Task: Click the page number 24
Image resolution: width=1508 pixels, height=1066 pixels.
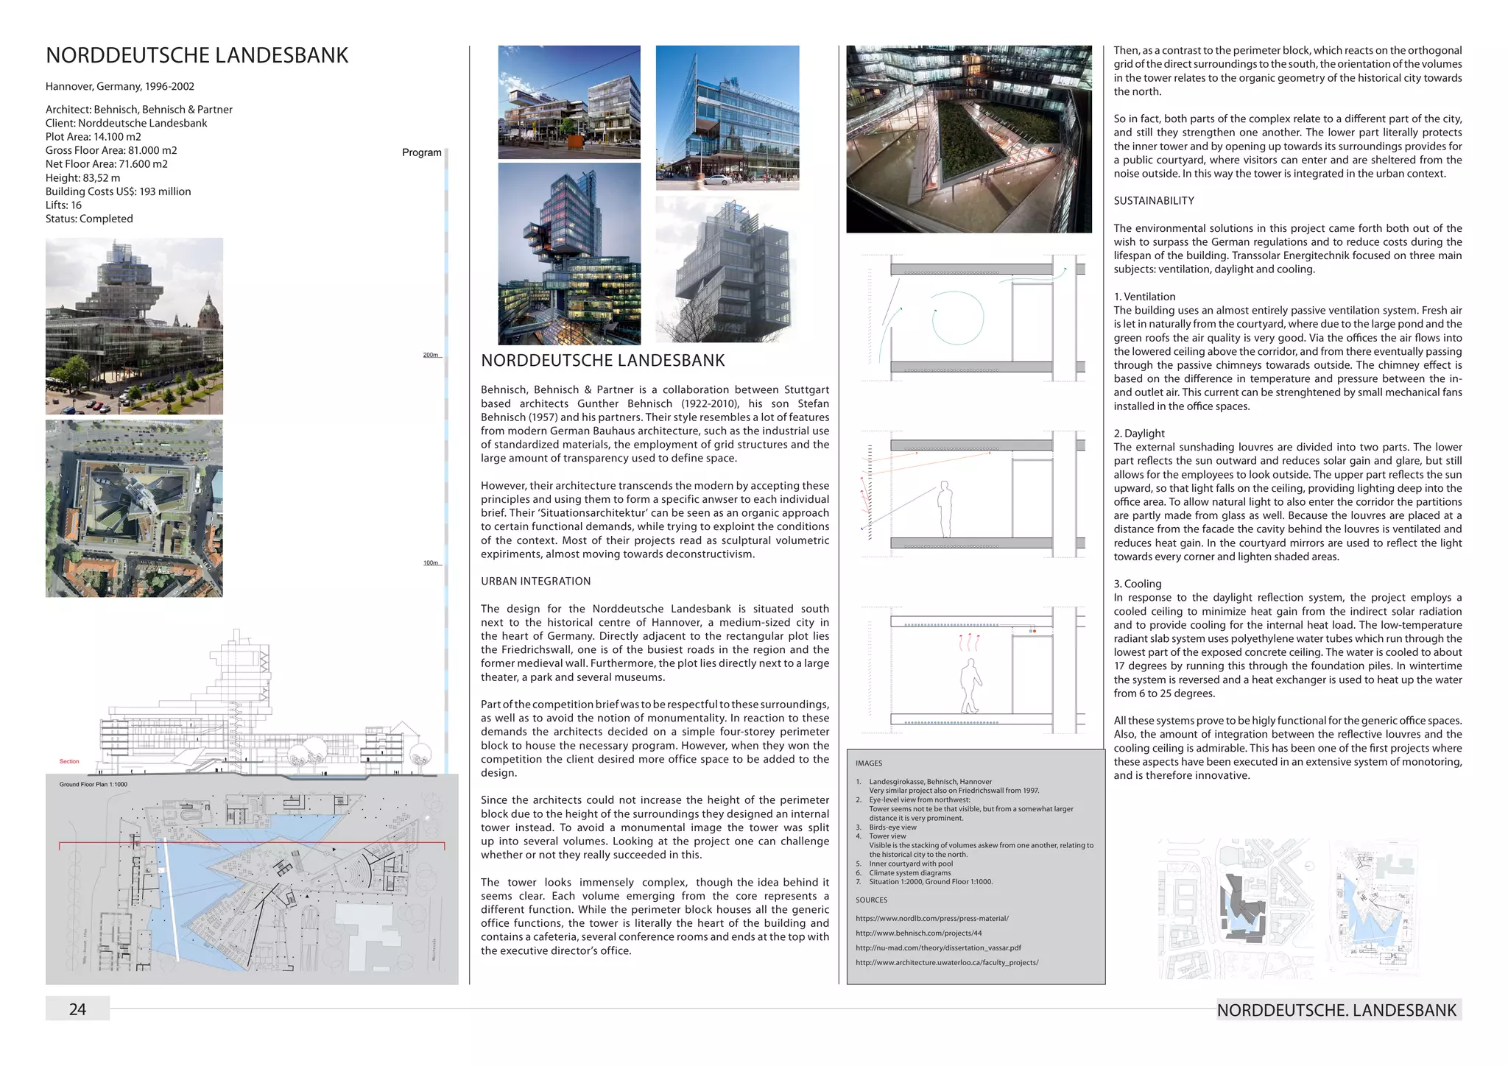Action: [x=77, y=1009]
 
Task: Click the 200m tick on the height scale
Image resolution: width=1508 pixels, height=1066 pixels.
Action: [x=431, y=356]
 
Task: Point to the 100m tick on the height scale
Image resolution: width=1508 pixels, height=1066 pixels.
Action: [x=431, y=563]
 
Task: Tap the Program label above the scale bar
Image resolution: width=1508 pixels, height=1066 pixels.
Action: [x=421, y=152]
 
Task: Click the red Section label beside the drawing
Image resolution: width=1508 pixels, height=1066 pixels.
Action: [x=69, y=761]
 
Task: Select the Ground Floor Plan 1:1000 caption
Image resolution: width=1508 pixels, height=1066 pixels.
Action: [x=94, y=785]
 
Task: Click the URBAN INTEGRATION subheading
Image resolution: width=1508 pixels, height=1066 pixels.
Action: [x=535, y=581]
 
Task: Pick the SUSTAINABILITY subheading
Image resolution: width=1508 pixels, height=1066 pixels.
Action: [x=1154, y=201]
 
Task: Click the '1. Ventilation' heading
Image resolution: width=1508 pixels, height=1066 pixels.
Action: [x=1144, y=297]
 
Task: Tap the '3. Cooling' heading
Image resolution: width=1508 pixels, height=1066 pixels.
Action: [x=1137, y=584]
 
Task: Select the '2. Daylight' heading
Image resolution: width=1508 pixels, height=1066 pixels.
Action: [x=1139, y=434]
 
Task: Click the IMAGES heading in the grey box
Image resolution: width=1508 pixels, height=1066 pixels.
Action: [x=869, y=763]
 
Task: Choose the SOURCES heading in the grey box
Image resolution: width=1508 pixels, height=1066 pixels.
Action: [x=871, y=900]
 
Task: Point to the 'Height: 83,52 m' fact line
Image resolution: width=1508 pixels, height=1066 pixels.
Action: [x=82, y=177]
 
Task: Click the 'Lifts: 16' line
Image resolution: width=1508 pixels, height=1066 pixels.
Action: [x=63, y=205]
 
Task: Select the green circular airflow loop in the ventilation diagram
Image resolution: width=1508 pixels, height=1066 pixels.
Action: [x=958, y=318]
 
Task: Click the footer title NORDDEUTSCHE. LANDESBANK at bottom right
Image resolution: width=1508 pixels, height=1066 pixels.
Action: [x=1336, y=1010]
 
